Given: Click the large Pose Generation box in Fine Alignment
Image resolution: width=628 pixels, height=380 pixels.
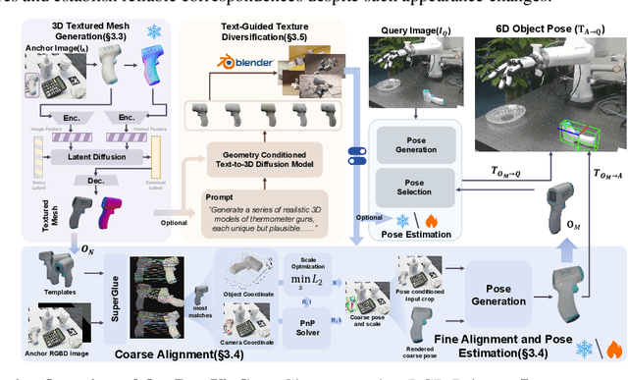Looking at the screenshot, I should coord(499,294).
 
